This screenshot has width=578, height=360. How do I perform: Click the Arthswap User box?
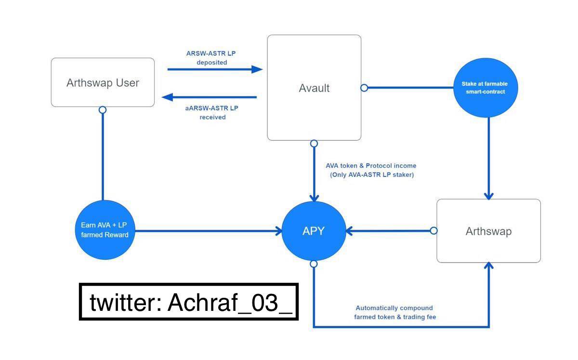[103, 82]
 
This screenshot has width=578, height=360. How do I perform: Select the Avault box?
[314, 88]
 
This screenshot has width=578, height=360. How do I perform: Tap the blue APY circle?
[314, 231]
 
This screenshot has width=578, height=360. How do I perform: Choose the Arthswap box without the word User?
[488, 231]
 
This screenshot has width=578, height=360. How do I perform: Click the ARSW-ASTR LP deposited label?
[212, 58]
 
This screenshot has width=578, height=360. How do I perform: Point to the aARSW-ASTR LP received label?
[212, 112]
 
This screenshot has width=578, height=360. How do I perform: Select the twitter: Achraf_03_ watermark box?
[189, 302]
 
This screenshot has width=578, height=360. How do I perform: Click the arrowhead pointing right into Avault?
[257, 69]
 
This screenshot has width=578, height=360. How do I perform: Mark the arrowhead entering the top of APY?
[314, 197]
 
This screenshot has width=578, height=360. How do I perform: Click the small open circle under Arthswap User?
[103, 110]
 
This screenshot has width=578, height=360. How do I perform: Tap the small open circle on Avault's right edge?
[365, 88]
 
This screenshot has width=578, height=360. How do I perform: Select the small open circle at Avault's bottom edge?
[314, 144]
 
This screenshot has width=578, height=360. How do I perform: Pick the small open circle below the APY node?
[314, 264]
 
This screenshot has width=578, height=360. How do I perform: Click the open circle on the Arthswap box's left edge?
[433, 231]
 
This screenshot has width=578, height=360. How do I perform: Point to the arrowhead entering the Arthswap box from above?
[489, 196]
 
